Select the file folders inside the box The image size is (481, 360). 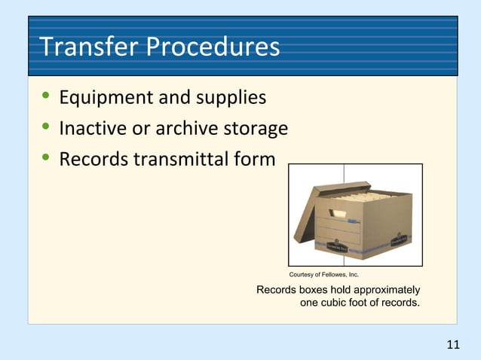click(x=369, y=197)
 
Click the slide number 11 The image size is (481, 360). click(x=452, y=345)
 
